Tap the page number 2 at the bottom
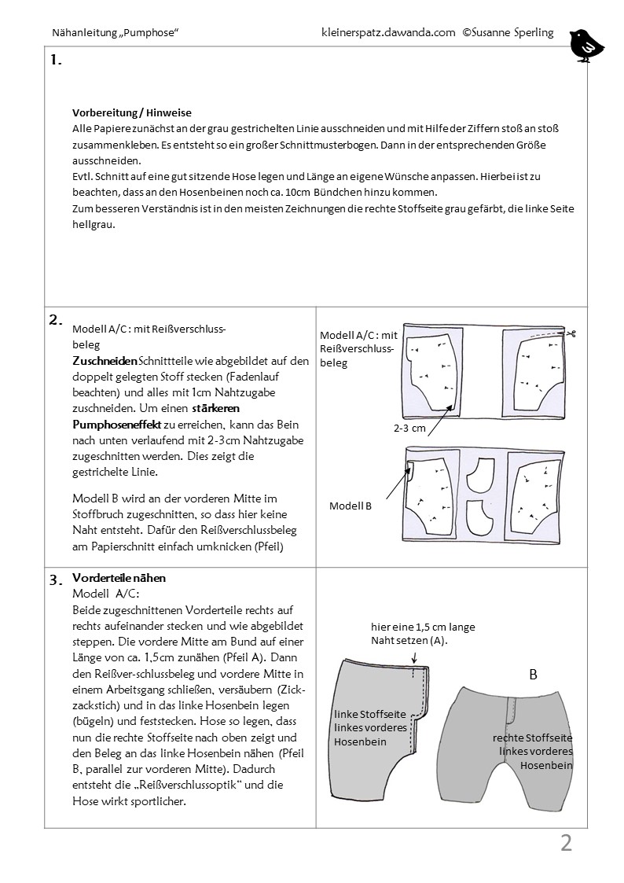(566, 844)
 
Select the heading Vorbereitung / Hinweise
(132, 112)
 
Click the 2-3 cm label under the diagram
(410, 429)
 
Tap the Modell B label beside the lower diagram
(351, 506)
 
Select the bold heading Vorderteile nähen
(119, 578)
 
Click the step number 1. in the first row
(56, 61)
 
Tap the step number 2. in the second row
(56, 319)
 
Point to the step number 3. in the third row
(56, 581)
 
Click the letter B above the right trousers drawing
(533, 674)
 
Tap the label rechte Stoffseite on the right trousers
(532, 738)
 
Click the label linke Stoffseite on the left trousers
(369, 715)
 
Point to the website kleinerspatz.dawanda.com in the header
(389, 33)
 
